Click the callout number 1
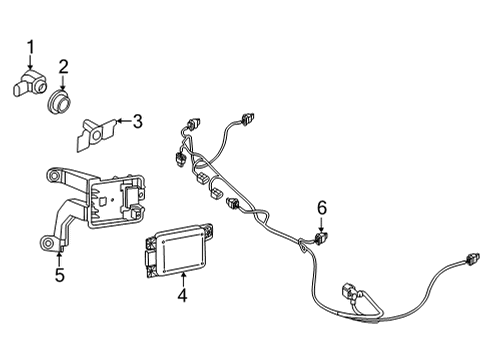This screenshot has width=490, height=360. (x=31, y=47)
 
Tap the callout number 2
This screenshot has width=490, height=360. (x=63, y=67)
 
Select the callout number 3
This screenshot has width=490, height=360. (x=137, y=121)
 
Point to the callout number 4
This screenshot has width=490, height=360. (x=182, y=295)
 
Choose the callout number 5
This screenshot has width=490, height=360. (x=60, y=275)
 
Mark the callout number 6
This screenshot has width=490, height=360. (x=322, y=208)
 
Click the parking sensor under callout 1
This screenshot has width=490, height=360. (x=30, y=84)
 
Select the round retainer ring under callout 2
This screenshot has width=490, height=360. (x=60, y=102)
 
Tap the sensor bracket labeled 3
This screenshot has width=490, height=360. (x=96, y=134)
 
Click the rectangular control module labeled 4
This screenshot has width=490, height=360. (x=178, y=251)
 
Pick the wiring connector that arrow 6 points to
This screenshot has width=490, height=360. (x=321, y=238)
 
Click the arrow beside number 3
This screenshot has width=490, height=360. (x=124, y=121)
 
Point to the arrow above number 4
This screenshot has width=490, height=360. (x=183, y=280)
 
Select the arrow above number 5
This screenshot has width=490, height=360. (x=59, y=259)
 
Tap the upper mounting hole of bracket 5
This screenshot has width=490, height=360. (x=52, y=175)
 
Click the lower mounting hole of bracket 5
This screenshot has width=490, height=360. (x=47, y=242)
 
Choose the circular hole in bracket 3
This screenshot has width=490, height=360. (x=97, y=135)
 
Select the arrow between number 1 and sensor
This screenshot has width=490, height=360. (x=31, y=62)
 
